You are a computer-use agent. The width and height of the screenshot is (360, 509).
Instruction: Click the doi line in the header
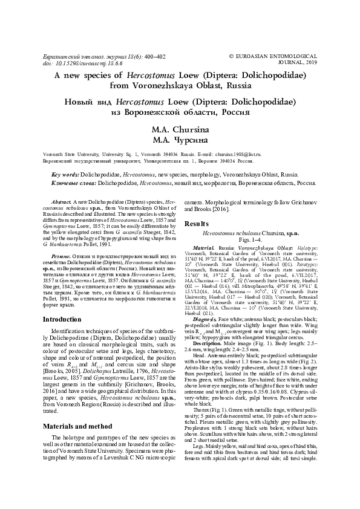tap(71, 62)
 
